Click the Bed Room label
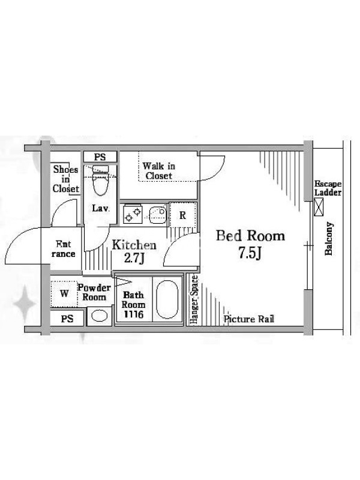250,236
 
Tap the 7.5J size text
250,253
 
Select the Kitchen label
134,245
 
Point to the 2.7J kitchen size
134,258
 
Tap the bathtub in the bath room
167,299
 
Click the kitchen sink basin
158,213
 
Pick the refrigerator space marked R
183,215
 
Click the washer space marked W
64,293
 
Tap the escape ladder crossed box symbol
319,207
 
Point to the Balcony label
329,238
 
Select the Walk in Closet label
158,171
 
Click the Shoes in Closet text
66,179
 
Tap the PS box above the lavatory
100,157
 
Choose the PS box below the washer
67,319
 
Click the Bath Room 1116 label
133,305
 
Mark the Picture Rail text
248,319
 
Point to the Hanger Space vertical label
194,299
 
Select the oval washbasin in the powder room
100,316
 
